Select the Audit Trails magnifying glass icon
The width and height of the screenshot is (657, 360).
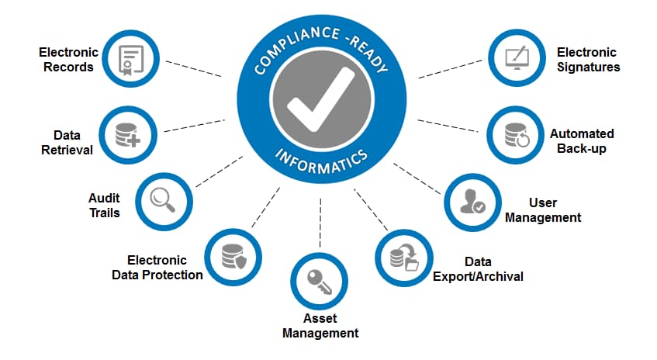click(163, 200)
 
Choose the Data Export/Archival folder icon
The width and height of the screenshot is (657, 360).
click(403, 256)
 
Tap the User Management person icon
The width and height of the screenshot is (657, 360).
click(472, 200)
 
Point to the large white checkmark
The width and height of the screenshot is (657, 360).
click(317, 102)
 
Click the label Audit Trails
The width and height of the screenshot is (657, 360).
click(104, 205)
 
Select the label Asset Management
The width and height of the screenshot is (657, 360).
click(320, 326)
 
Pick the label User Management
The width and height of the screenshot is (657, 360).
click(542, 210)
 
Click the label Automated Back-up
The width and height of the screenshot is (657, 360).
click(582, 140)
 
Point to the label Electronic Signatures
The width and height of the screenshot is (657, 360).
click(587, 60)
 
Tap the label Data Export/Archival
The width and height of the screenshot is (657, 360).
click(478, 269)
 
